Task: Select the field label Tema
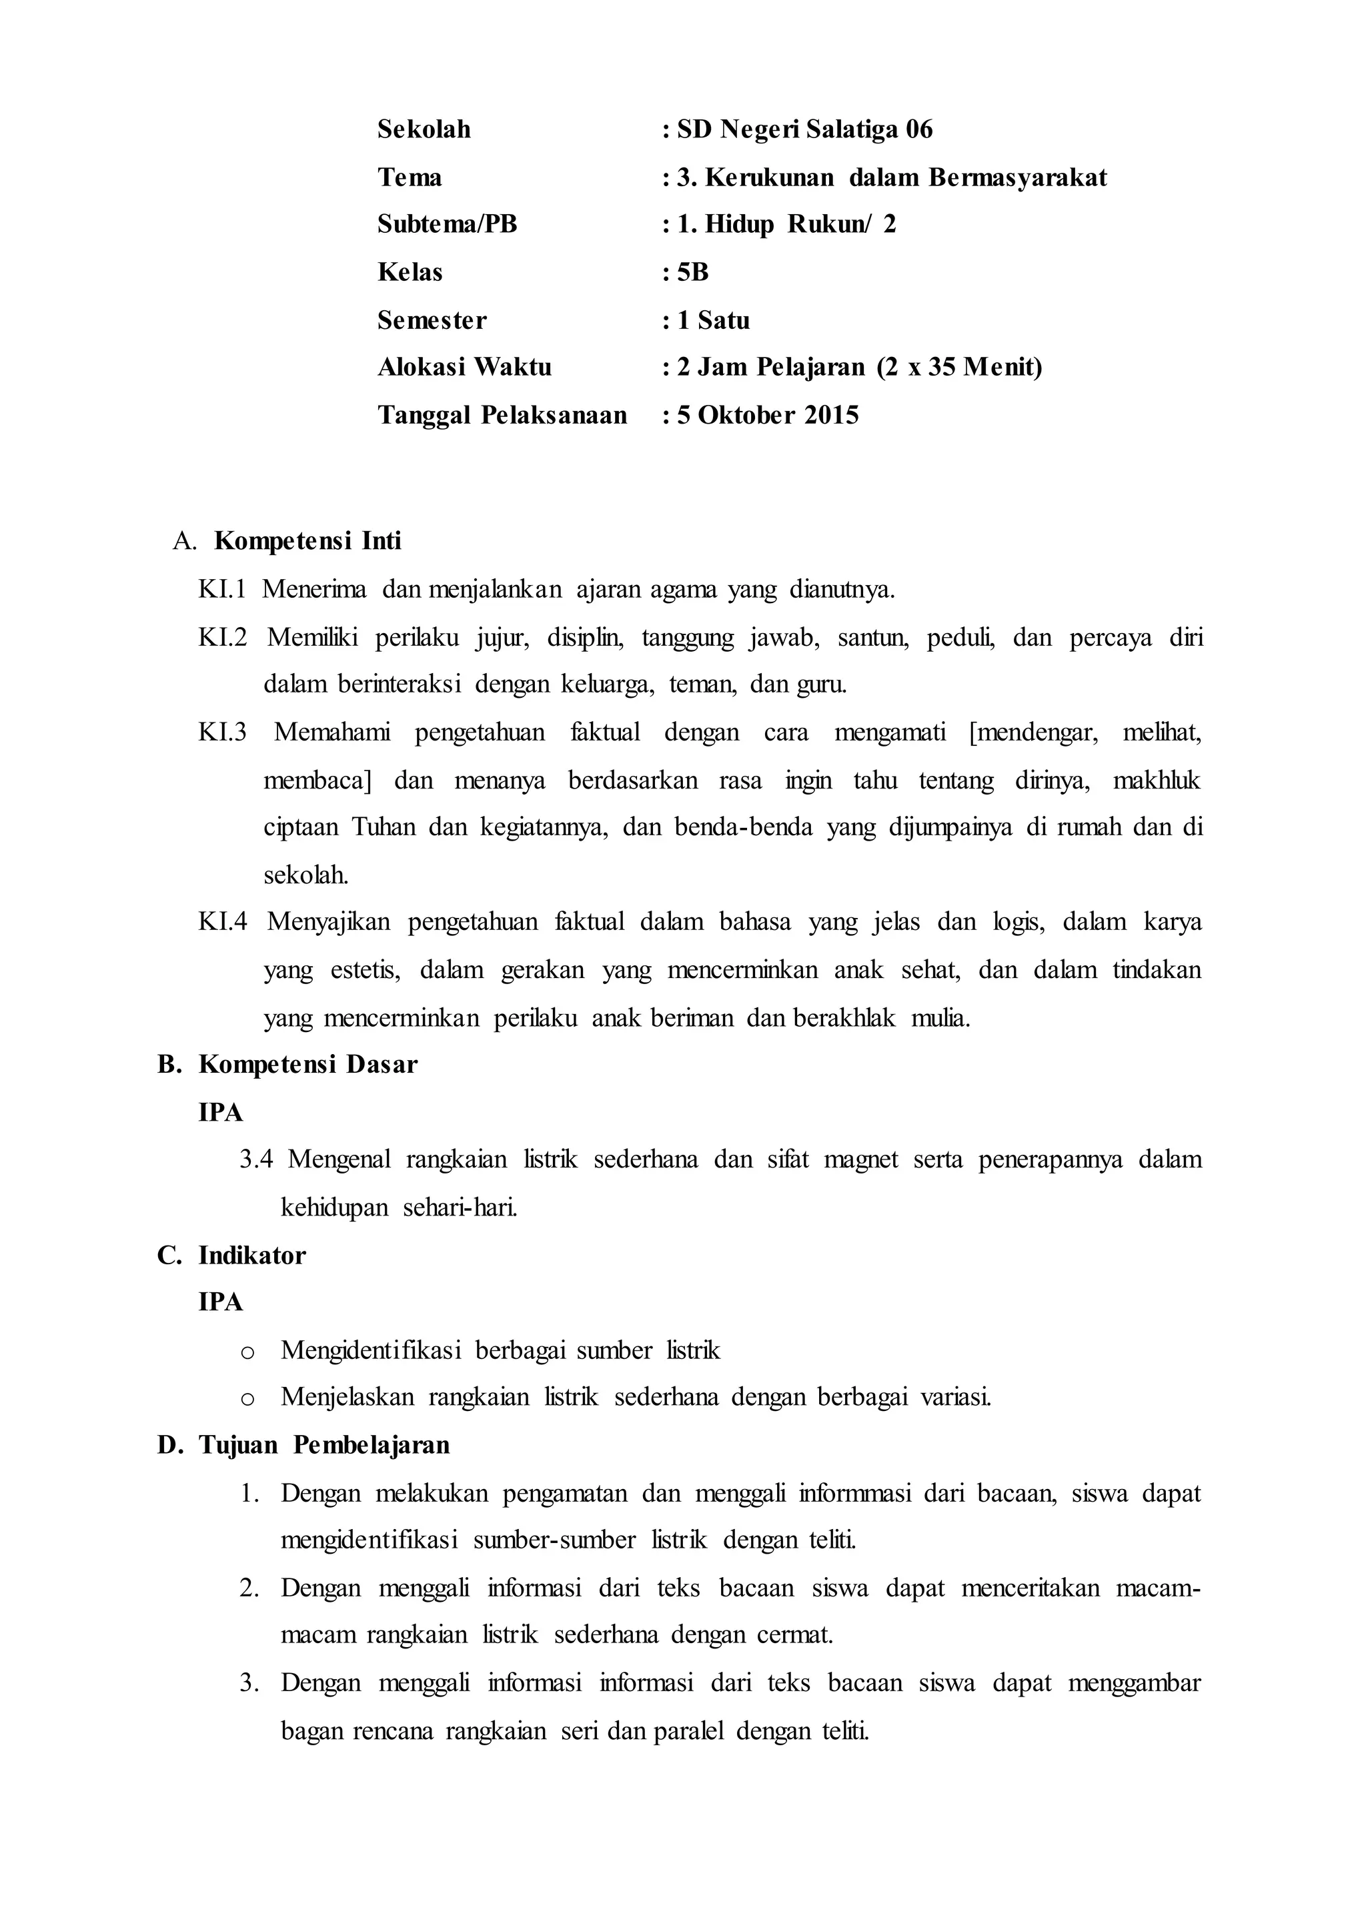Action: pyautogui.click(x=410, y=177)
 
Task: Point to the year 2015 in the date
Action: pyautogui.click(x=831, y=416)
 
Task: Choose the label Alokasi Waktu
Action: pyautogui.click(x=464, y=368)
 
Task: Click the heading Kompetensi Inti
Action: pyautogui.click(x=308, y=541)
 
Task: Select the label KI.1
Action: pyautogui.click(x=222, y=589)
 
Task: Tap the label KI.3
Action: pyautogui.click(x=222, y=732)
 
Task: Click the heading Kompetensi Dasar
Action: pyautogui.click(x=308, y=1065)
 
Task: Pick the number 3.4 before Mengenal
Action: pyautogui.click(x=257, y=1160)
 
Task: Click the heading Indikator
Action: pyautogui.click(x=251, y=1256)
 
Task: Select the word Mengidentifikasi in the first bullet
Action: pyautogui.click(x=371, y=1350)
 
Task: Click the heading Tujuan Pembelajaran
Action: pyautogui.click(x=324, y=1446)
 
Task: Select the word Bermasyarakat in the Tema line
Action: pyautogui.click(x=1018, y=177)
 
